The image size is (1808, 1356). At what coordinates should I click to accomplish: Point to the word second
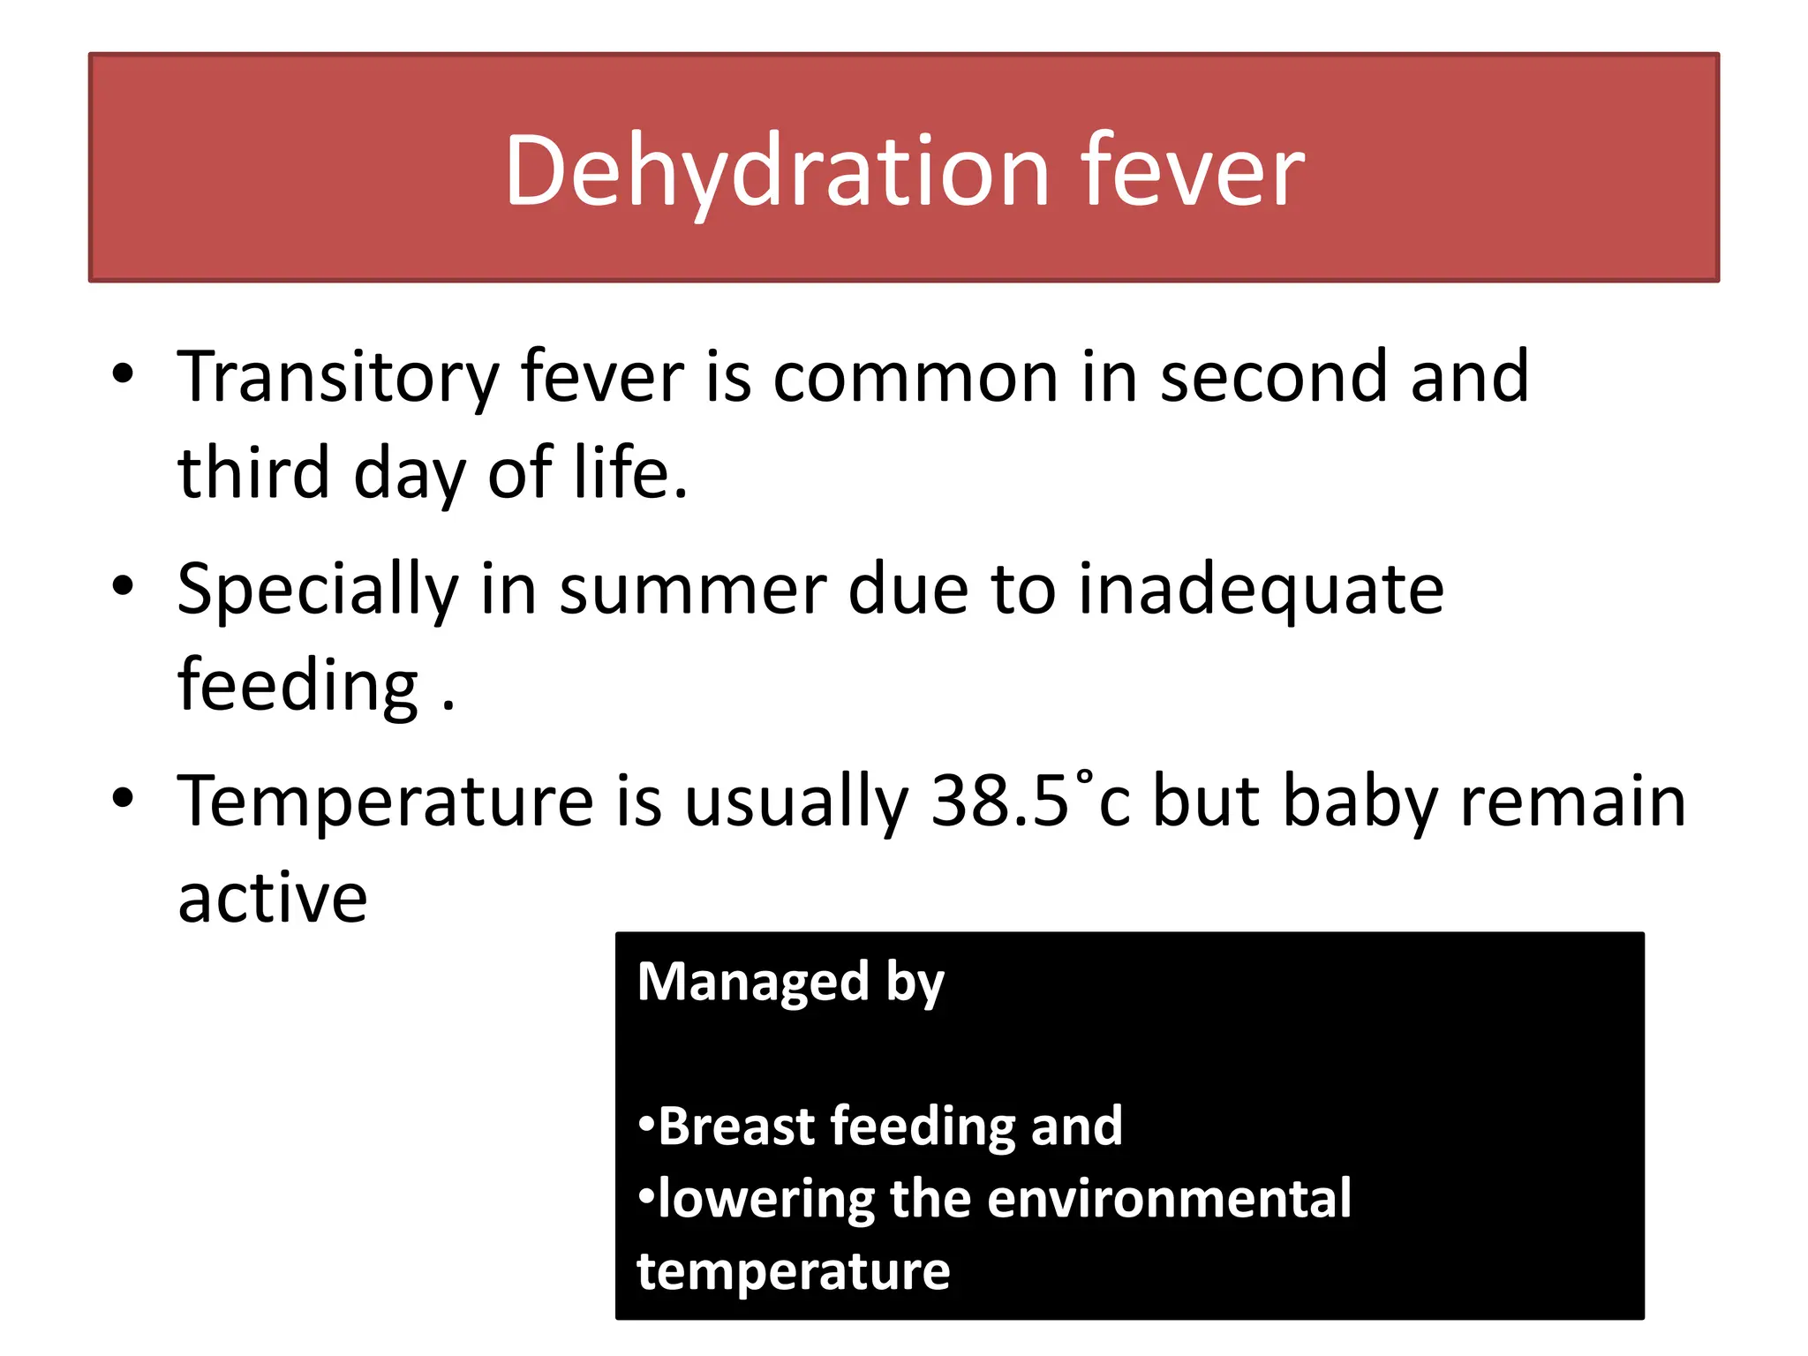(1272, 378)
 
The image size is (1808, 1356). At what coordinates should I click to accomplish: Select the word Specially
(318, 590)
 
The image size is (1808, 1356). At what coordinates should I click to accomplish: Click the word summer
(693, 590)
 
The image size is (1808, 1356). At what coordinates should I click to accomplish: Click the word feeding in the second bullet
(298, 686)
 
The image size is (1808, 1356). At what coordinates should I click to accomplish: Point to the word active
(273, 899)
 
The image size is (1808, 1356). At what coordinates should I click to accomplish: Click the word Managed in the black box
(753, 982)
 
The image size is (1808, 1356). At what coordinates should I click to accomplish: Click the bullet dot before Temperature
(124, 798)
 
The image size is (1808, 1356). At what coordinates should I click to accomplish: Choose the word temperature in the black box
(793, 1271)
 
